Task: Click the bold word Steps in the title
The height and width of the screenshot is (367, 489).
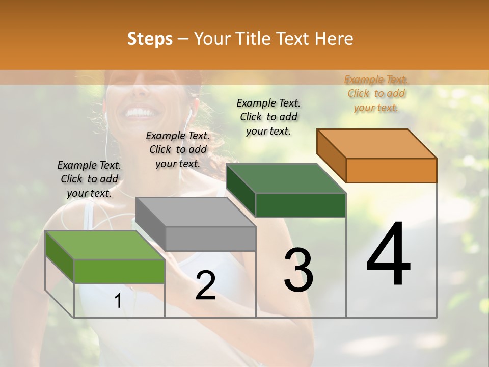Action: [150, 39]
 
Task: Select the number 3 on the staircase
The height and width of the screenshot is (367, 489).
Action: [298, 270]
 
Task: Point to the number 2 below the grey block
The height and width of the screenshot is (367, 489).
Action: [205, 285]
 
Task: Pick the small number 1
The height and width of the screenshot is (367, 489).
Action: [118, 301]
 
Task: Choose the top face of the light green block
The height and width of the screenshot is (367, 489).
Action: [105, 245]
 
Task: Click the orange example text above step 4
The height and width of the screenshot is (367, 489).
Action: [376, 93]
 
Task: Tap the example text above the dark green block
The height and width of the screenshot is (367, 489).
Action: [268, 117]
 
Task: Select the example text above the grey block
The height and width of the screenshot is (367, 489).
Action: [178, 149]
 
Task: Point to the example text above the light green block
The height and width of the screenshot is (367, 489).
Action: [89, 179]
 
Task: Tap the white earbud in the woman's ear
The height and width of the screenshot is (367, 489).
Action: [189, 110]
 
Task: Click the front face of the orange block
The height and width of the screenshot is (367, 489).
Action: [391, 170]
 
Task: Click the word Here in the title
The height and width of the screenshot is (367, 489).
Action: [334, 39]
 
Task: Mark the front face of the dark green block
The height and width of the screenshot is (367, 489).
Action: [301, 205]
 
